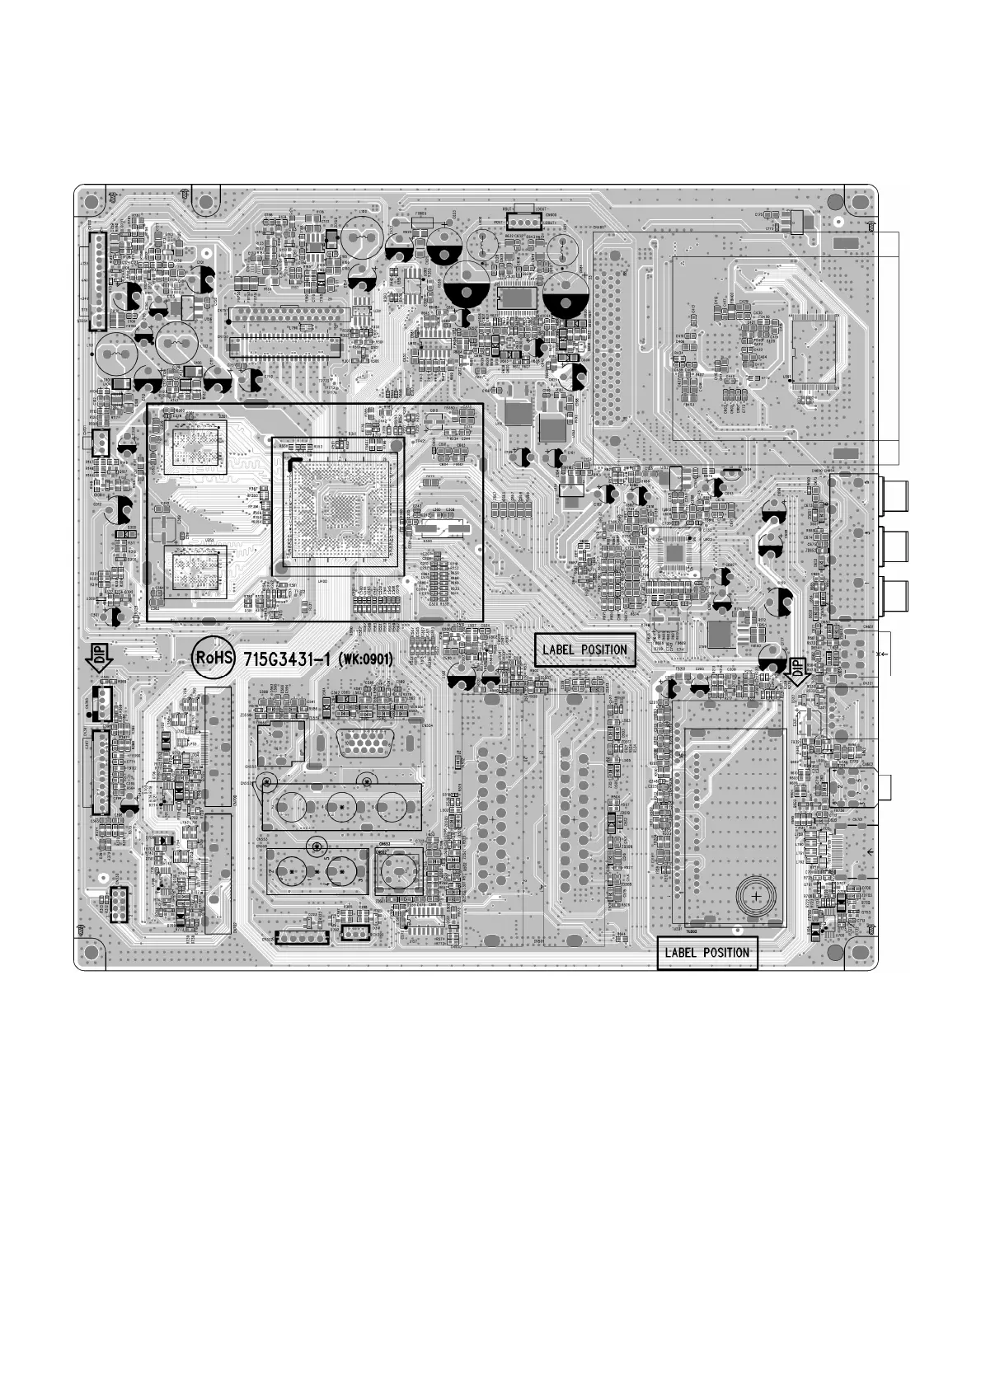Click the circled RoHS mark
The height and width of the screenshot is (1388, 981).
click(x=214, y=658)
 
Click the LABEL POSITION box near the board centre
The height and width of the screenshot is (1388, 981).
click(x=585, y=649)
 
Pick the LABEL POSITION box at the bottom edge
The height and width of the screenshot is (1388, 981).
click(x=706, y=953)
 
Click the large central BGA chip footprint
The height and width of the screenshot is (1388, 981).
click(x=338, y=511)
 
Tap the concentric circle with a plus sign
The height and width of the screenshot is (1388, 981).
click(x=756, y=895)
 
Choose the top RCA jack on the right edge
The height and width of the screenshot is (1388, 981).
click(x=894, y=495)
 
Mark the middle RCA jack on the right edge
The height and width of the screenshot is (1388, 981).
click(x=894, y=544)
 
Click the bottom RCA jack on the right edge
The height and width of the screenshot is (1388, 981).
click(x=894, y=593)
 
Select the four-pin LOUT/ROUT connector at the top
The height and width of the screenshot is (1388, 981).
click(x=523, y=221)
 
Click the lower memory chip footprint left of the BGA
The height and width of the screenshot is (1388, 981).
click(x=195, y=569)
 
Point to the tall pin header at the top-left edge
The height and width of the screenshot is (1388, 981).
click(x=97, y=279)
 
